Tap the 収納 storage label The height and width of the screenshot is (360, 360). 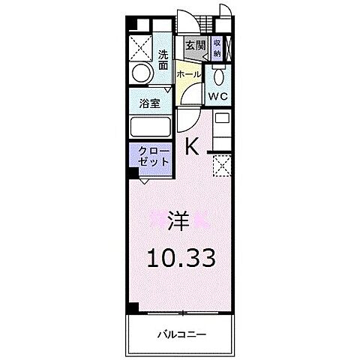pos(216,49)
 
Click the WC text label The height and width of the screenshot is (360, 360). pos(218,97)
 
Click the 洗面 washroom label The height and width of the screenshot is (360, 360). pos(163,59)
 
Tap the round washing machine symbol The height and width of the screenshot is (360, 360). pos(141,74)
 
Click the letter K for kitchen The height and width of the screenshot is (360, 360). pos(192,146)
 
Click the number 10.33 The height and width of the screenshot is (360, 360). pos(180,259)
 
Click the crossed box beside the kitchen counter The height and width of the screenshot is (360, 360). pos(221,166)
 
